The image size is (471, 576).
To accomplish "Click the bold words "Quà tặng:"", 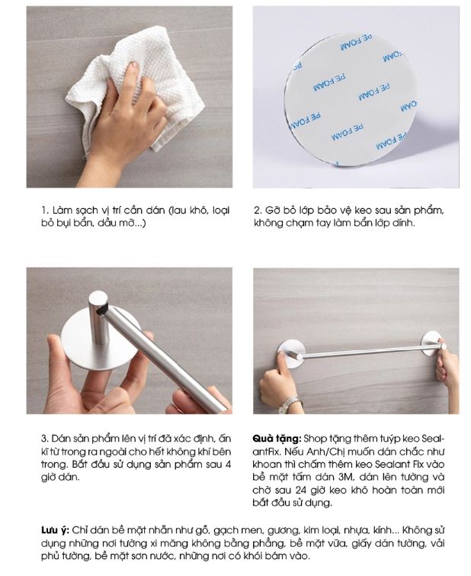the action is [x=277, y=438].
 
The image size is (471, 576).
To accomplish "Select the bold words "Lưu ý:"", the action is [x=55, y=530].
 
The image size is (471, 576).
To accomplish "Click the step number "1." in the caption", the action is [x=45, y=211].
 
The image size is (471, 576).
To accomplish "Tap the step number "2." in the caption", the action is [x=258, y=211].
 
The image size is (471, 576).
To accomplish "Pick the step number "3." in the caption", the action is [x=45, y=439].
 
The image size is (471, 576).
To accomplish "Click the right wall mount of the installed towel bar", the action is [x=432, y=343].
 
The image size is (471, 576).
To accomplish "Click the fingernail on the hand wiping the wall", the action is [x=133, y=66].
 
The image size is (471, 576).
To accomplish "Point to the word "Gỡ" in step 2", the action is [x=271, y=211].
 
